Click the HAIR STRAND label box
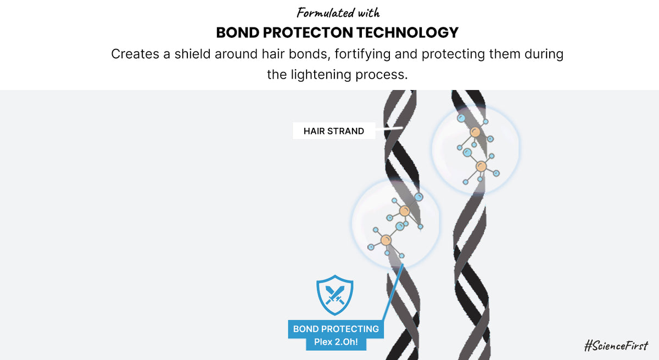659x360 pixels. pyautogui.click(x=334, y=131)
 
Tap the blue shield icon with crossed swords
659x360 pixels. pyautogui.click(x=335, y=295)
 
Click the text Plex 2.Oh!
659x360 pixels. pyautogui.click(x=336, y=342)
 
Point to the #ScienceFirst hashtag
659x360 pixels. pyautogui.click(x=616, y=345)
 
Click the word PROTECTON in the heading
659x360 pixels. pyautogui.click(x=308, y=32)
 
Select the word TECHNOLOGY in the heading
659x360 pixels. pyautogui.click(x=407, y=32)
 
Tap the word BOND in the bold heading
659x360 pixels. pyautogui.click(x=238, y=32)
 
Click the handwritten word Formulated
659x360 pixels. pyautogui.click(x=325, y=13)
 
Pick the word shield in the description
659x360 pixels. pyautogui.click(x=192, y=54)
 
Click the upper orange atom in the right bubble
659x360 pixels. pyautogui.click(x=475, y=132)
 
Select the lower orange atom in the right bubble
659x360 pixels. pyautogui.click(x=481, y=166)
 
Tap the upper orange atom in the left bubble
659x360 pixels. pyautogui.click(x=405, y=211)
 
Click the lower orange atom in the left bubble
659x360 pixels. pyautogui.click(x=386, y=240)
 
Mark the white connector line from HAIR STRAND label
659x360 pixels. pyautogui.click(x=389, y=129)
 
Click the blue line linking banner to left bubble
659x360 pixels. pyautogui.click(x=393, y=292)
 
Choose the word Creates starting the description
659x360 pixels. pyautogui.click(x=135, y=54)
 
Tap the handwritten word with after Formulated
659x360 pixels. pyautogui.click(x=368, y=13)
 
